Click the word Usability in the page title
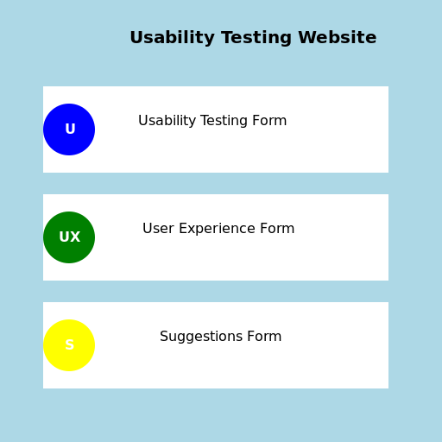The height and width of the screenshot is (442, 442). pos(172,38)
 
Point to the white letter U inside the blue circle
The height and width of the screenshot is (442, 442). pos(70,129)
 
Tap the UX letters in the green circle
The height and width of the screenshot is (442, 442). pos(69,237)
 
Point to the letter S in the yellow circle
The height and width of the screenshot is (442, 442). pos(69,345)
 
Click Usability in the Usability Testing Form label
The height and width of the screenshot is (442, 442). pos(167,121)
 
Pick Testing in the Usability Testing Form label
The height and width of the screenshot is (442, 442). pos(226,121)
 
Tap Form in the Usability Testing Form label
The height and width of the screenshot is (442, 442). pos(271,121)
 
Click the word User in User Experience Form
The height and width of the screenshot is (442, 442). pos(159,229)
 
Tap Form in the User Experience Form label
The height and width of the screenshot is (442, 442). pos(278,229)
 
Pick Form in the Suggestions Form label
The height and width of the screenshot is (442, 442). pos(265,337)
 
